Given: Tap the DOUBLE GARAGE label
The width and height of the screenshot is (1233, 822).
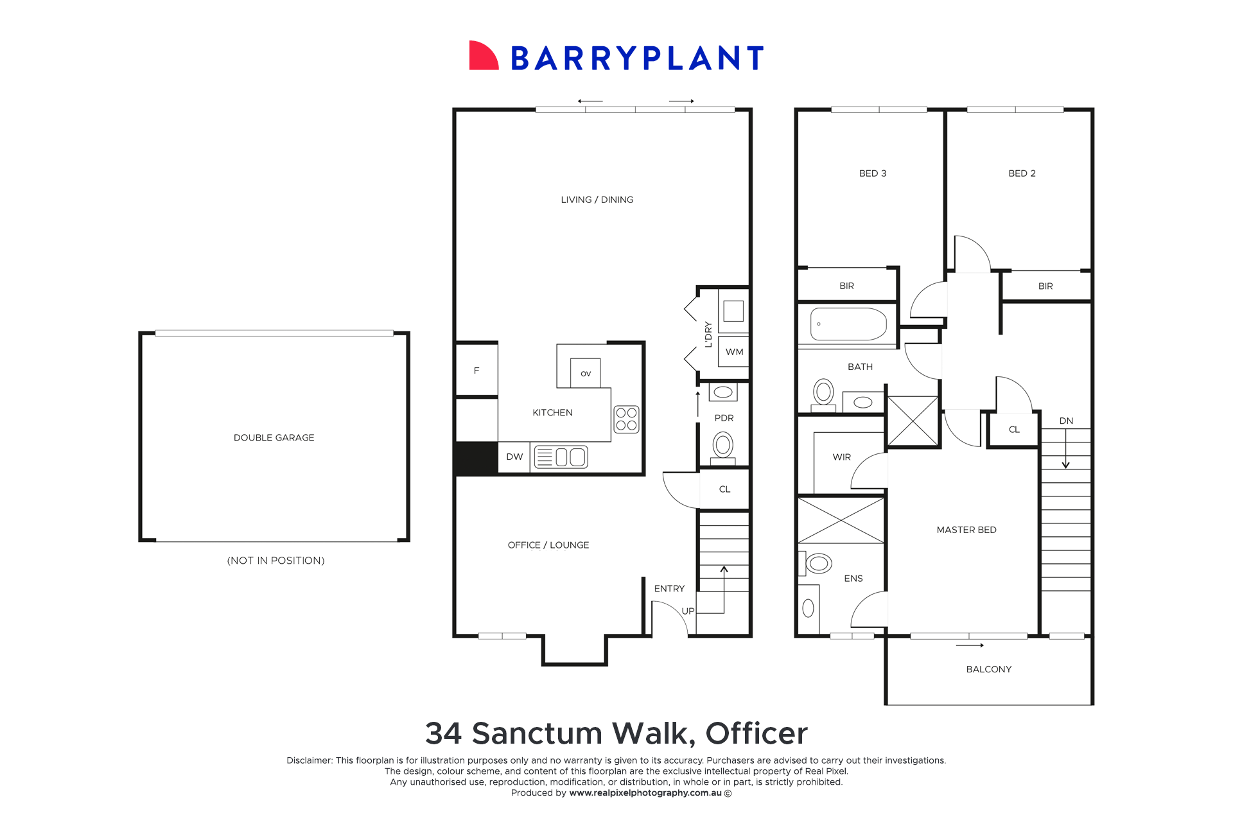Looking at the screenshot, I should [x=274, y=437].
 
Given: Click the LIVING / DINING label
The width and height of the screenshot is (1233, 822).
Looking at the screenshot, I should [x=597, y=200].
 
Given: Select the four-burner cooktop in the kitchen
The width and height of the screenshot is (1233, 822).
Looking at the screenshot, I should [x=626, y=419].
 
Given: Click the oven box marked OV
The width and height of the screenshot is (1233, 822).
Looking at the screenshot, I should [x=585, y=373].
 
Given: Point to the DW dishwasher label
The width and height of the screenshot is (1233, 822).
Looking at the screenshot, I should [x=514, y=457].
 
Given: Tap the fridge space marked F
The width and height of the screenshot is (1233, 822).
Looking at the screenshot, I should [x=477, y=371].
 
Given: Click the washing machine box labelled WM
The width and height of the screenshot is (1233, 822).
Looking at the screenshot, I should [x=734, y=352].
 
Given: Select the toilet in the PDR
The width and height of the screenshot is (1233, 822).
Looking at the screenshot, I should [x=723, y=445].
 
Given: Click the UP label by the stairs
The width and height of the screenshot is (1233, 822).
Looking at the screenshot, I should [x=688, y=611].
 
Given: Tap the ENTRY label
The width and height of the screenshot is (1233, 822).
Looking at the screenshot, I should [x=669, y=588].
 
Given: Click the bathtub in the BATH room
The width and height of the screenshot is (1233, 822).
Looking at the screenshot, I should [x=848, y=324].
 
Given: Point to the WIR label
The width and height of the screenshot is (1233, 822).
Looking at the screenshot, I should [x=841, y=457].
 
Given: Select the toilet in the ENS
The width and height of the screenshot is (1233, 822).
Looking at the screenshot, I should [x=818, y=564].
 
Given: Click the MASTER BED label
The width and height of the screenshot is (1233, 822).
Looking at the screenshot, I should [x=966, y=530].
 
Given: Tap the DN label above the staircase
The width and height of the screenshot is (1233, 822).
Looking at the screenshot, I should [x=1066, y=421].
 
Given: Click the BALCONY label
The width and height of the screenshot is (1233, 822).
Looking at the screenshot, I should [x=988, y=669].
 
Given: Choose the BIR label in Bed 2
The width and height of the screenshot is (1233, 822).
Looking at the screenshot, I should [x=1045, y=286].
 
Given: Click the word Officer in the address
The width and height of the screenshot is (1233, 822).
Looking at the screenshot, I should [x=756, y=733].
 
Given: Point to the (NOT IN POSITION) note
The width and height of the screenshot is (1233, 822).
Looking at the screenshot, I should [x=275, y=561].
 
